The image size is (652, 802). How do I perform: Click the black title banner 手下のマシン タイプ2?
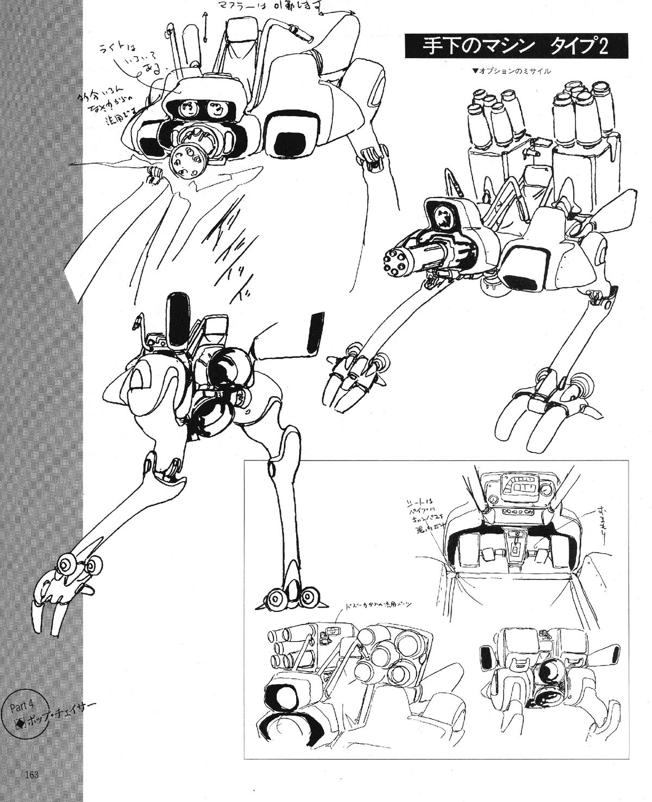point(516,46)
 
